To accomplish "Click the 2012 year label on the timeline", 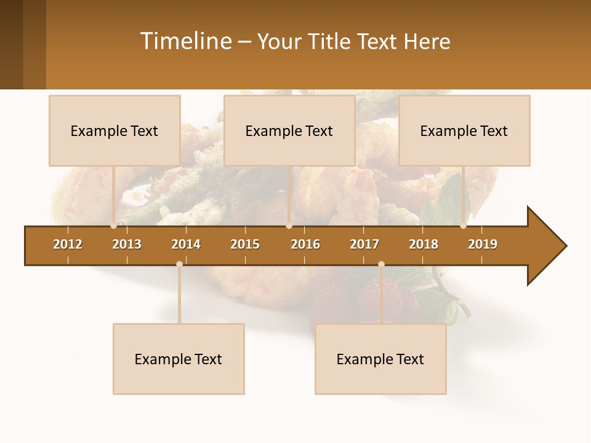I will coord(68,244).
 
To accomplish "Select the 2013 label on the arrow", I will coord(127,244).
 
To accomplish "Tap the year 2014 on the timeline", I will coord(186,244).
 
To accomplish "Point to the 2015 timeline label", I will coord(245,244).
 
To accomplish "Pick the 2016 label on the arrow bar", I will coord(305,244).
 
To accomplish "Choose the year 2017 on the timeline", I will coord(364,244).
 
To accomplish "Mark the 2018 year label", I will coord(424,244).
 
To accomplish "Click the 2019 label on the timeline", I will coord(483,244).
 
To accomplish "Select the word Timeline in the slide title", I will coord(185,41).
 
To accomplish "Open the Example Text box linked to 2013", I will coord(115,130).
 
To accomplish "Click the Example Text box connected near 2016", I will coord(289,130).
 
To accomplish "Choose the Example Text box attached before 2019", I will coord(464,130).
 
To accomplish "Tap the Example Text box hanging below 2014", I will coord(179,359).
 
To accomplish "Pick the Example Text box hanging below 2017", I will coord(380,359).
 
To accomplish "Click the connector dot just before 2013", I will coord(113,226).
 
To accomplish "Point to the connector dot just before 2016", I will coord(289,226).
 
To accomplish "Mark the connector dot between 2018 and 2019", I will coord(463,226).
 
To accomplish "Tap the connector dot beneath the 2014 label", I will coord(179,264).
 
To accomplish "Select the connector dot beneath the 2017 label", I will coord(381,264).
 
